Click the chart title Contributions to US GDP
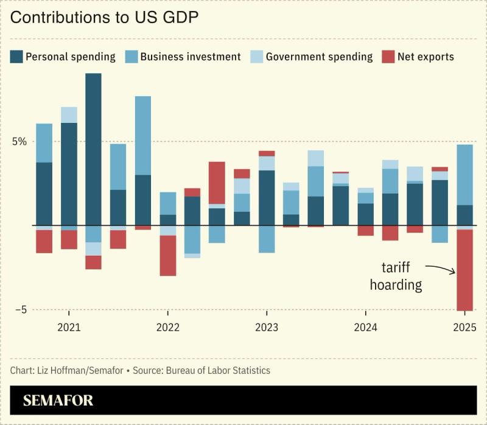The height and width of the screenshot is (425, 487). [105, 18]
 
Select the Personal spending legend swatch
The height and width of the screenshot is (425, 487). [16, 57]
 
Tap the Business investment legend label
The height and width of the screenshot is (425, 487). [191, 57]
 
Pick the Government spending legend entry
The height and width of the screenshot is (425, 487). [319, 57]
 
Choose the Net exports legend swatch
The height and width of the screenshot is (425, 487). [389, 57]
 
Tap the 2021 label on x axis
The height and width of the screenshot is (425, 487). [69, 328]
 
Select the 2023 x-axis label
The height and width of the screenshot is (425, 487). [267, 328]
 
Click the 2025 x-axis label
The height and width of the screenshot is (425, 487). [464, 328]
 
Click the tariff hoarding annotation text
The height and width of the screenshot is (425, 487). [396, 276]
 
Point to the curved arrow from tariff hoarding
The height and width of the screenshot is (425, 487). [441, 268]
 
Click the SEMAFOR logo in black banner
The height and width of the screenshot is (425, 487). [58, 401]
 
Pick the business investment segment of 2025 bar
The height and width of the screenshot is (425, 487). [464, 175]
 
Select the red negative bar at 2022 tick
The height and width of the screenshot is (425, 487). [168, 256]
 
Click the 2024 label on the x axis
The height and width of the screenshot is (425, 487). [366, 328]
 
